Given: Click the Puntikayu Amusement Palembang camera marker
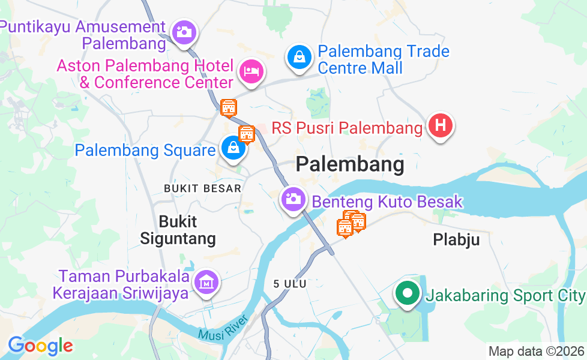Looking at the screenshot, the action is [184, 31].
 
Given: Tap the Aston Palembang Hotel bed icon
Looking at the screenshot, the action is [251, 71].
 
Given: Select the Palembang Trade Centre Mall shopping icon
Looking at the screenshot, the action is [298, 58].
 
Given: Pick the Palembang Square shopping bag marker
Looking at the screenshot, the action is [232, 148].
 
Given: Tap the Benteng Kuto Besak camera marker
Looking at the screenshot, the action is [293, 199].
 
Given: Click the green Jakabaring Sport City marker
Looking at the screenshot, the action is [407, 293].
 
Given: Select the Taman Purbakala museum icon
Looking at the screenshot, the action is [206, 281].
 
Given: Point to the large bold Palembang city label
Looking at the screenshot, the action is [350, 164].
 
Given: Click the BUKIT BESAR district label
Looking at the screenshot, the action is [202, 188].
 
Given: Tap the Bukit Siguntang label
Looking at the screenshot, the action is [178, 230].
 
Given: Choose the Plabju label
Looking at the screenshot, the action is [456, 240].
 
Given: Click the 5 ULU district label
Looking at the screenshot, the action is [289, 283].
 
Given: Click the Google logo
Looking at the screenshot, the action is [40, 346].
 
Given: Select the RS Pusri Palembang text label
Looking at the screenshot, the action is [347, 128].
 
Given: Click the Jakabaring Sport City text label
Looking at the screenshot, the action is [505, 295].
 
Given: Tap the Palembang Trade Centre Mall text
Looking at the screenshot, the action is [383, 59].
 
